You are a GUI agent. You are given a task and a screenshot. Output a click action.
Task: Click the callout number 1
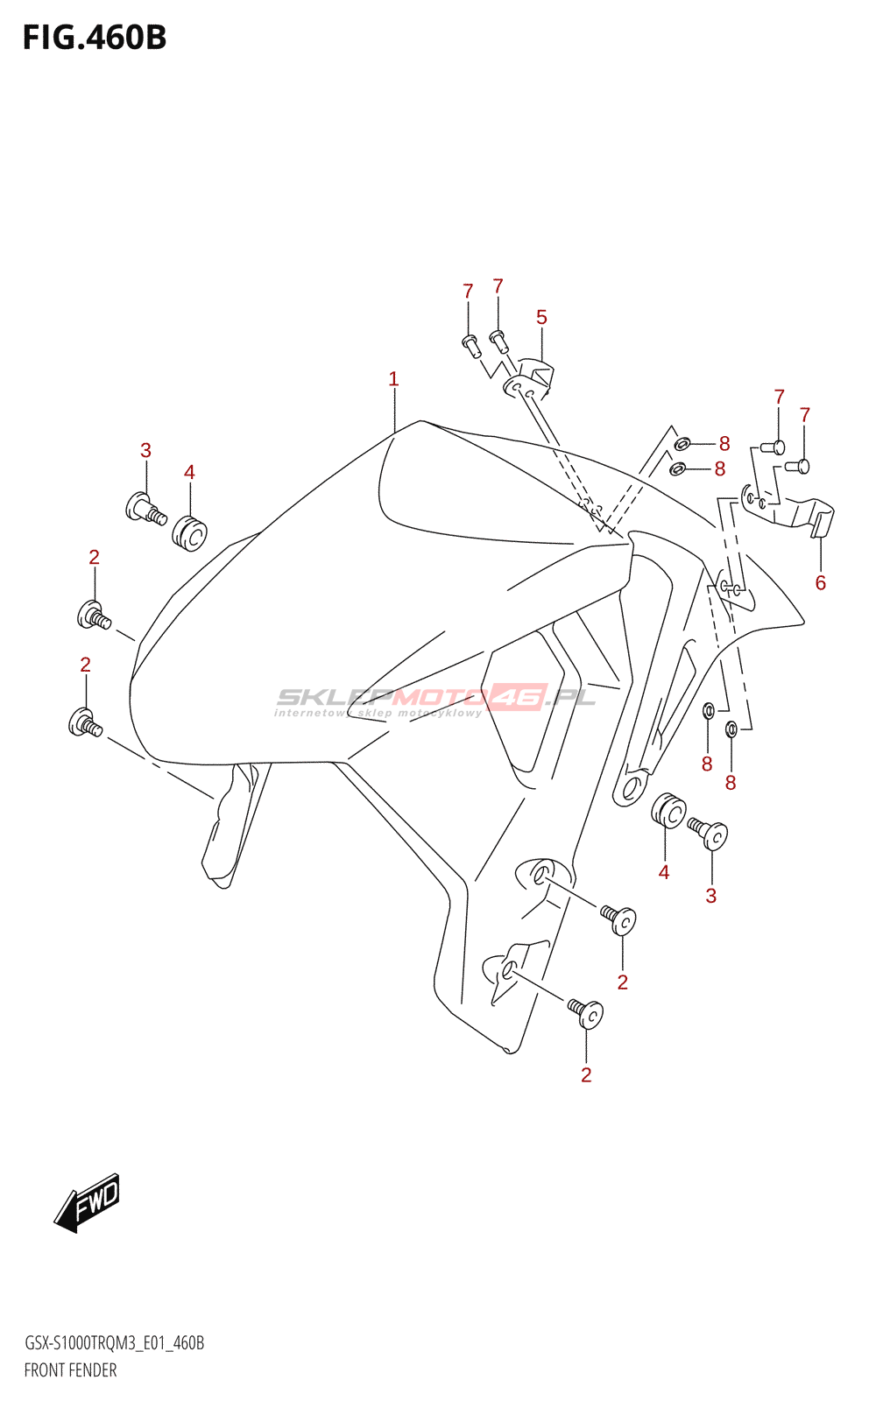[x=393, y=379]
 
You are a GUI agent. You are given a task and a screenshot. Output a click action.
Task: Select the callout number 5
[x=541, y=317]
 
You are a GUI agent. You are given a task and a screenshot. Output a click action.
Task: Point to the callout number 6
[x=820, y=582]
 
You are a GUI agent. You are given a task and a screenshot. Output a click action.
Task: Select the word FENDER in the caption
[x=93, y=1370]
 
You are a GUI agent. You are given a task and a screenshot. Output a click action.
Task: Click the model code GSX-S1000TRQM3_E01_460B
[x=114, y=1343]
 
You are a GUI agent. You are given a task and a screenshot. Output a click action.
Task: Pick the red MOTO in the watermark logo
[x=438, y=697]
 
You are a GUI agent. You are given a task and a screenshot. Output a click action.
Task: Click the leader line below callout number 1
[x=394, y=410]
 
